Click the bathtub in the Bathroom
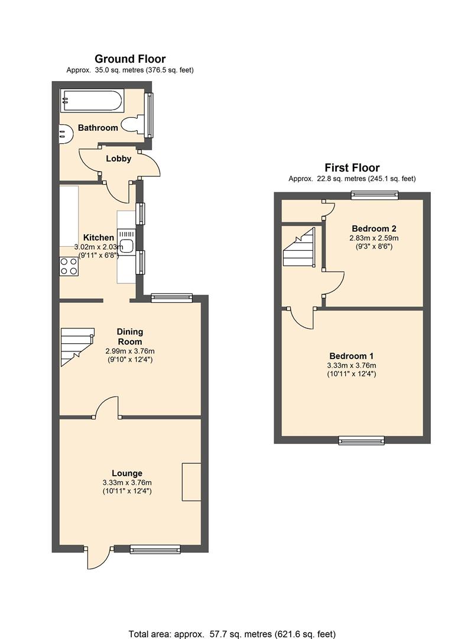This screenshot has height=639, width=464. coord(92,101)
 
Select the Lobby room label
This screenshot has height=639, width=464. coord(118,159)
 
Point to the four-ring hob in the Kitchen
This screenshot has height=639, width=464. coord(69,266)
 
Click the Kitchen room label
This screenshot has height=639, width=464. coord(98,238)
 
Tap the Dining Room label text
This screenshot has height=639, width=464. coord(129,337)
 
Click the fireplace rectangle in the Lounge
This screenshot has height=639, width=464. coord(191,482)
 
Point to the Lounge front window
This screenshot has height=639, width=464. coord(155,550)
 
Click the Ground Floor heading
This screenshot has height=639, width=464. coord(130,59)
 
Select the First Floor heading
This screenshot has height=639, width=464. coord(352,168)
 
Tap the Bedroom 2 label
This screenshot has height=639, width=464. coord(374,228)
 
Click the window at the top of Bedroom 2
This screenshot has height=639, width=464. coord(374,195)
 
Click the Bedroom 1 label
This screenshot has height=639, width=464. coord(351,356)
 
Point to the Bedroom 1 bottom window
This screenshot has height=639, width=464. coord(361,440)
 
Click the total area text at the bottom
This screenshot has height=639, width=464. coord(232,633)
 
